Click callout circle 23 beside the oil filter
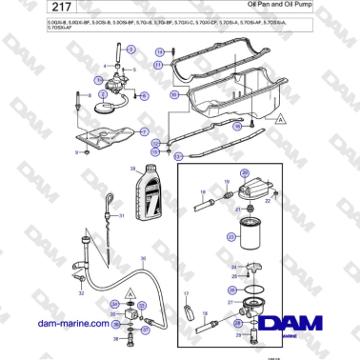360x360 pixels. tap(230, 235)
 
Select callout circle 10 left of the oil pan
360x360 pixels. tap(173, 96)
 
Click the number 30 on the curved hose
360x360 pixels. tap(143, 259)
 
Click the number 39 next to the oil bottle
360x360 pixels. tap(133, 169)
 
